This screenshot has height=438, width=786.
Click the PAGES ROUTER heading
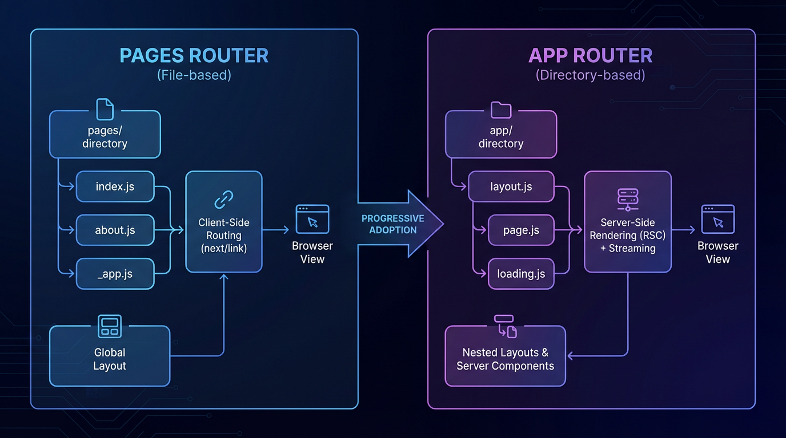(x=194, y=56)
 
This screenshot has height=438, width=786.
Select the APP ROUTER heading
(x=591, y=56)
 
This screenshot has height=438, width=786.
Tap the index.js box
(x=115, y=186)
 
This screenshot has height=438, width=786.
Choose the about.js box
(x=115, y=230)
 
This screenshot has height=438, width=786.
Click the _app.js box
(x=115, y=274)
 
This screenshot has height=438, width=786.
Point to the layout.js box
(x=511, y=186)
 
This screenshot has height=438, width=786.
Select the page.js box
(x=521, y=230)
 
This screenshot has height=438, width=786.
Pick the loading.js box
(x=521, y=274)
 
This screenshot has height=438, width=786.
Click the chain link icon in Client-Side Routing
(x=223, y=200)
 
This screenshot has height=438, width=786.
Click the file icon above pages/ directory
(x=105, y=109)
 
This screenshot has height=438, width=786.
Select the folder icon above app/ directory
(x=501, y=109)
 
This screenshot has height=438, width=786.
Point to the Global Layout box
(x=110, y=359)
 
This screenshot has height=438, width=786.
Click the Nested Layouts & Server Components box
(x=505, y=359)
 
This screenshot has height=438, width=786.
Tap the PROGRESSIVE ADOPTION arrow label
(x=393, y=224)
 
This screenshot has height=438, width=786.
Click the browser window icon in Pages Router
(x=312, y=220)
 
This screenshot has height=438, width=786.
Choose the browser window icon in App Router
(x=717, y=220)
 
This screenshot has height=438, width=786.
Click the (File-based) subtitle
(x=194, y=75)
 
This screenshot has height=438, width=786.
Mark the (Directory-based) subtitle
(x=591, y=75)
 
